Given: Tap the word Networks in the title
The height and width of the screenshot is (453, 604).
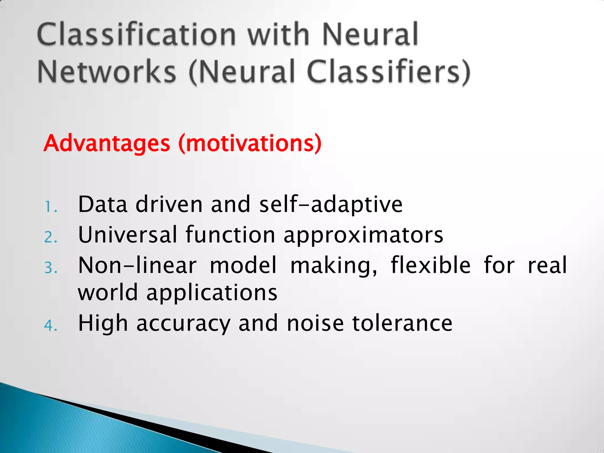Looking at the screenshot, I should click(x=107, y=72).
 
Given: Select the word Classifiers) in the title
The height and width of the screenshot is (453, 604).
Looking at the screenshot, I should click(x=388, y=72).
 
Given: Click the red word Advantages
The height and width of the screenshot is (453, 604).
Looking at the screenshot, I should click(x=107, y=143).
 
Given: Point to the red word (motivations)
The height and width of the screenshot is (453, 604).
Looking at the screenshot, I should click(x=250, y=143).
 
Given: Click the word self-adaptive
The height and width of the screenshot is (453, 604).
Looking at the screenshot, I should click(x=331, y=205).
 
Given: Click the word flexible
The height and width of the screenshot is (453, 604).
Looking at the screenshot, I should click(x=431, y=265).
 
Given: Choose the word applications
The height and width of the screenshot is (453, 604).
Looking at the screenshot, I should click(x=212, y=293).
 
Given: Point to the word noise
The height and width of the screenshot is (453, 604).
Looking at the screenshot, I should click(x=315, y=323).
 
